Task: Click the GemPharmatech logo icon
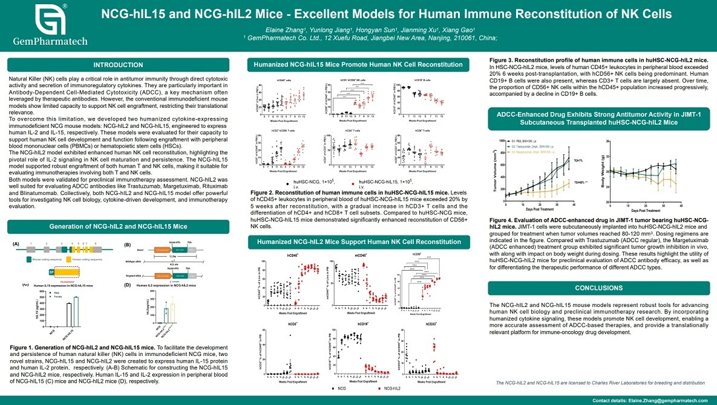click(48, 20)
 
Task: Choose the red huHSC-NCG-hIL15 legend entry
click(378, 182)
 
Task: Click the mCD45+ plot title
click(360, 255)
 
